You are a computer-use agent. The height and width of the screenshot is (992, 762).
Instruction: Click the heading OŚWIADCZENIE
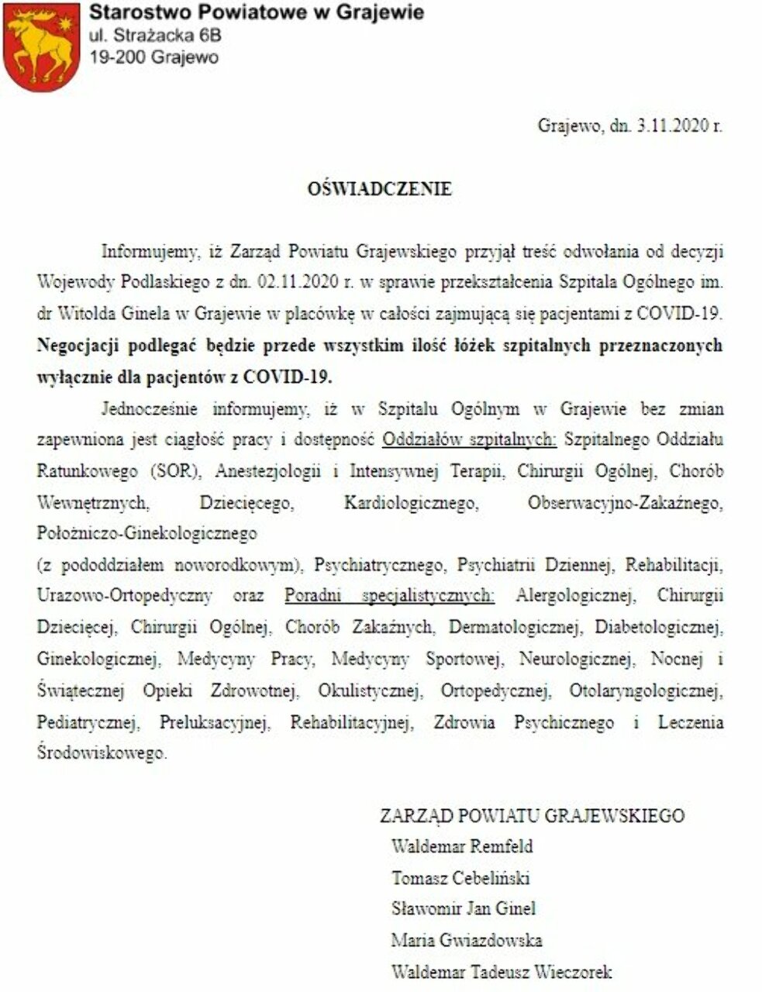[380, 188]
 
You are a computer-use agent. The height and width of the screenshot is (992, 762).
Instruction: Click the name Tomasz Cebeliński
[460, 877]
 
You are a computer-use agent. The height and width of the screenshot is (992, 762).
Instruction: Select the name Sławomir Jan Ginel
[464, 908]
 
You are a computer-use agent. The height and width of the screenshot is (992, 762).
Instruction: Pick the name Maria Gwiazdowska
[467, 940]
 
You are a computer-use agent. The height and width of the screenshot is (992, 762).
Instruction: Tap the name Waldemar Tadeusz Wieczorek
[502, 971]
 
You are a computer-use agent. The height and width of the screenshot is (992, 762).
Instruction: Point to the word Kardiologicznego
[410, 503]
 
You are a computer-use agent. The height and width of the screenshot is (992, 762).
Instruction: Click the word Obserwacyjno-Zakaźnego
[625, 503]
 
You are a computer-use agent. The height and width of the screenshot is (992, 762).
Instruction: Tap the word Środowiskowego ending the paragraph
[101, 753]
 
